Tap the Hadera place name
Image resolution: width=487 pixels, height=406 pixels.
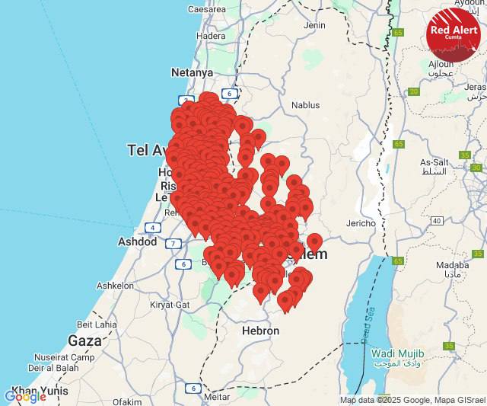[211, 36]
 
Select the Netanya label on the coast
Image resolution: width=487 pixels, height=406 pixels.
[193, 72]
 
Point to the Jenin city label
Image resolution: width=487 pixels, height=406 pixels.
[314, 25]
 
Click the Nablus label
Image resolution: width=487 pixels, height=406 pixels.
[306, 105]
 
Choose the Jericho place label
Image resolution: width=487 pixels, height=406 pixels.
[361, 223]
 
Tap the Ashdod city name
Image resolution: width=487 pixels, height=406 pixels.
[138, 241]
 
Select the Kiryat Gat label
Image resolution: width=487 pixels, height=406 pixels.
[170, 304]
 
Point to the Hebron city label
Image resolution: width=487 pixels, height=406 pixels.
[260, 331]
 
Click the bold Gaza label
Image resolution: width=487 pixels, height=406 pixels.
[84, 340]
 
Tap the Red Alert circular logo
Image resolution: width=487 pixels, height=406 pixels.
[454, 34]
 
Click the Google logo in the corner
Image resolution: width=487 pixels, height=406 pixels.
[24, 397]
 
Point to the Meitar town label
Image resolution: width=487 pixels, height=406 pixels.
[218, 396]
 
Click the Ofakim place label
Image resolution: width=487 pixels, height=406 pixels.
[127, 401]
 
